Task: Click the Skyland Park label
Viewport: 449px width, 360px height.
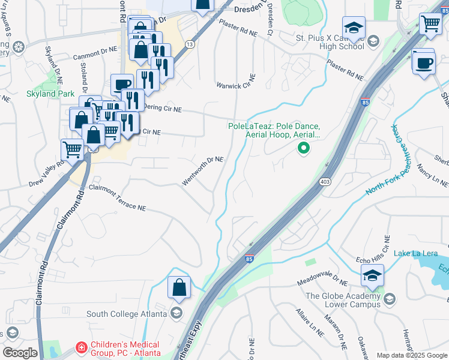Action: click(x=50, y=94)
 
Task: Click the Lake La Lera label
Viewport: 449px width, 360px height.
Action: click(x=415, y=253)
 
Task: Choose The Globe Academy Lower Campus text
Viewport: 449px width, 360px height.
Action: click(x=343, y=300)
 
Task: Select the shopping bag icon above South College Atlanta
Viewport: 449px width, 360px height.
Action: click(x=179, y=289)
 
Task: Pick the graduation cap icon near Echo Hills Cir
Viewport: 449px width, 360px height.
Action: click(x=372, y=277)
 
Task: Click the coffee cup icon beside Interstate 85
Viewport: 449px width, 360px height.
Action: click(x=424, y=62)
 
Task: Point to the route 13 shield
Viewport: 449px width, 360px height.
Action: click(x=190, y=44)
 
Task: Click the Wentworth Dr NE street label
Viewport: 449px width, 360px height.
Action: click(x=203, y=171)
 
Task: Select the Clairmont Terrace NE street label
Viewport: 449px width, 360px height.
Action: click(x=118, y=197)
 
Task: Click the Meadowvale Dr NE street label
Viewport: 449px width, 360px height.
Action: click(x=322, y=281)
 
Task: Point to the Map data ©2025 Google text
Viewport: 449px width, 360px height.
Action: click(x=412, y=355)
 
